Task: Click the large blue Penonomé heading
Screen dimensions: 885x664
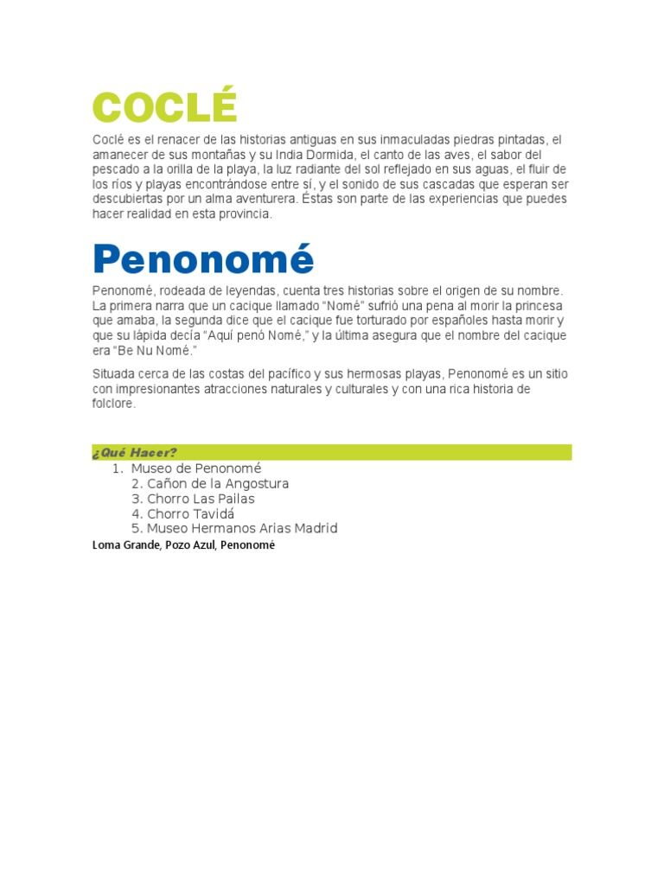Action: pos(204,258)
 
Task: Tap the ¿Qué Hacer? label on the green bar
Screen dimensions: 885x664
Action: pos(134,453)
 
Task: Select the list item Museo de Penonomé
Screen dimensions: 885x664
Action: pos(195,468)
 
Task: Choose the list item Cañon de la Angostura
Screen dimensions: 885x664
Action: pos(218,484)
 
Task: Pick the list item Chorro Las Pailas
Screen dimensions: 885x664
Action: pos(201,499)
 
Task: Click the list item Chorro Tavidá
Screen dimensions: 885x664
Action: pos(190,513)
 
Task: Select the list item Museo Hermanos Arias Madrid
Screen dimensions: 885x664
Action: pos(242,528)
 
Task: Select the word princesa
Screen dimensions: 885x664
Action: pos(539,306)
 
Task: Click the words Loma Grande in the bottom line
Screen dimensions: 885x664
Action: pos(124,545)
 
